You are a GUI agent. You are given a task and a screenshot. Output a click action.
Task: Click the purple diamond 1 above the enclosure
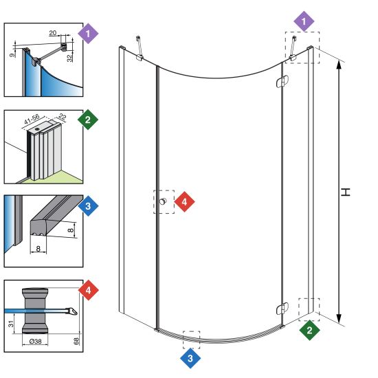(304, 21)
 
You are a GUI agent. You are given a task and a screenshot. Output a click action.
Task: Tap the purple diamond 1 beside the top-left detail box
(88, 34)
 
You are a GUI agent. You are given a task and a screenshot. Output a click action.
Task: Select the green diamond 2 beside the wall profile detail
(88, 120)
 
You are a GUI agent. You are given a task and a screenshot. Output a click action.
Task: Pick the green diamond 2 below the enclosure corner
(309, 330)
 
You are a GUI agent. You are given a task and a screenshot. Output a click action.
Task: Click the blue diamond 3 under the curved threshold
(190, 358)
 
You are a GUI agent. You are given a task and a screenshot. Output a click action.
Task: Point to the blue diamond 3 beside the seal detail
(88, 206)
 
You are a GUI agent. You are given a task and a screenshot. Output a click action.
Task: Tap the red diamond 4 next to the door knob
(184, 202)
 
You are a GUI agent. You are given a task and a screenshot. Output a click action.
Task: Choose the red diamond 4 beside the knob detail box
(89, 290)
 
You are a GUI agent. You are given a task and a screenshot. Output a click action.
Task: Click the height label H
(346, 192)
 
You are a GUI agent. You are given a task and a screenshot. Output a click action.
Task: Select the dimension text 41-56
(32, 119)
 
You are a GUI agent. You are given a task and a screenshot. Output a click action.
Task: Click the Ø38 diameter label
(35, 342)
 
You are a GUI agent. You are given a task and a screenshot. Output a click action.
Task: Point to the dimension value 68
(76, 341)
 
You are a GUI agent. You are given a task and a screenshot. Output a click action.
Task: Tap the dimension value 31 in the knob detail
(11, 324)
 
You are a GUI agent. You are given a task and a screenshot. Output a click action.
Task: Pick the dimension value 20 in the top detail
(53, 33)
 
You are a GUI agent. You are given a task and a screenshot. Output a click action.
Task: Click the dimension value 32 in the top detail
(69, 58)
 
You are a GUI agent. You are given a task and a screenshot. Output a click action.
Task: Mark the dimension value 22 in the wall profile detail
(62, 117)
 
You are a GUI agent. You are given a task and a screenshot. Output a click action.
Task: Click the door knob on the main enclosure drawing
(163, 201)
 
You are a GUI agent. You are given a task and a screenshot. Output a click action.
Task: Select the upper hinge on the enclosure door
(282, 82)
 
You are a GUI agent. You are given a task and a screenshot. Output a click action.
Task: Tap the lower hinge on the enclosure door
(282, 309)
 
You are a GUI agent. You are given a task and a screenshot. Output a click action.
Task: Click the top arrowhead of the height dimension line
(339, 65)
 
